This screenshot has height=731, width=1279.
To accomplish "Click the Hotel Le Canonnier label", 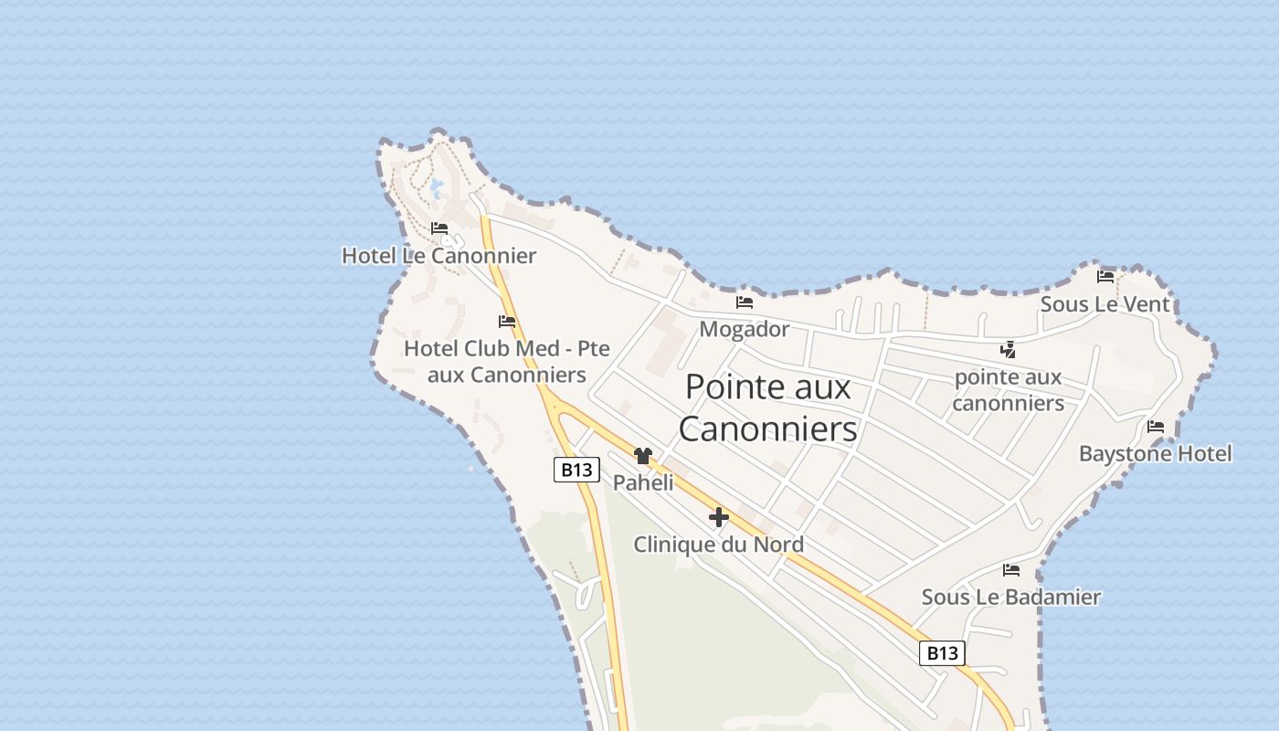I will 439,256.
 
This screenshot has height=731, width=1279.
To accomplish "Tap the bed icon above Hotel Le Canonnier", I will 439,228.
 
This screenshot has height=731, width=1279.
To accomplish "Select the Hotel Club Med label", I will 506,362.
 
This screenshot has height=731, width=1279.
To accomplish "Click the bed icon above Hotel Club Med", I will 507,321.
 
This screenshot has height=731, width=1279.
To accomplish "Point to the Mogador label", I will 744,329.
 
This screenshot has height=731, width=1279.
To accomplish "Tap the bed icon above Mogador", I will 745,302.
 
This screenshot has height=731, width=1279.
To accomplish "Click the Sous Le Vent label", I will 1105,304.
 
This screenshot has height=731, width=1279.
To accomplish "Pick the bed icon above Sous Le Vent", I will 1105,276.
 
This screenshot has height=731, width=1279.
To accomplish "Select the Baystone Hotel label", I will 1155,453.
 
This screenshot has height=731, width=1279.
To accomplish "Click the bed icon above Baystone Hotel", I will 1156,426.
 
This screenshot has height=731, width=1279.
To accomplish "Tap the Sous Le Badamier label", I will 1010,598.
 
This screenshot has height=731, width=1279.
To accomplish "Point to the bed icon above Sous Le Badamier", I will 1011,569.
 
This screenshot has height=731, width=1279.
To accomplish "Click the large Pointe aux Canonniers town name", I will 767,408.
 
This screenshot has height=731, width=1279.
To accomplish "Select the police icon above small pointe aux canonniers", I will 1008,349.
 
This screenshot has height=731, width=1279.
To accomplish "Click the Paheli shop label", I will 643,482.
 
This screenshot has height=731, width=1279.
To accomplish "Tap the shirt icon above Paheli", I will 642,455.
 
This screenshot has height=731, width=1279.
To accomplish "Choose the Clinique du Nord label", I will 718,545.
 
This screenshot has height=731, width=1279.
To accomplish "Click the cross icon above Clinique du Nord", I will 719,517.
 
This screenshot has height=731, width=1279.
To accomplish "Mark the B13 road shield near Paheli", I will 576,470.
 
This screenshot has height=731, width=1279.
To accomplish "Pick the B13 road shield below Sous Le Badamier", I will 942,652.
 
